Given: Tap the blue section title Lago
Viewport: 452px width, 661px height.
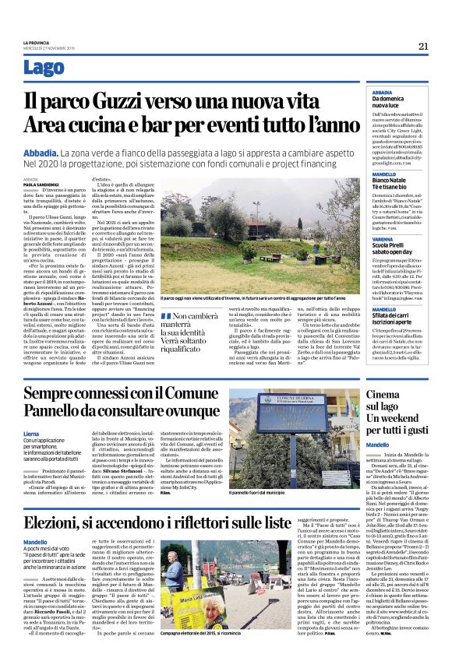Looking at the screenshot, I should [44, 68].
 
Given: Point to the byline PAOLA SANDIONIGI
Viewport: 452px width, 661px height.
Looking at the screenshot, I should [41, 185].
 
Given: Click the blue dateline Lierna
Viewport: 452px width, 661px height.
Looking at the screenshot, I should [32, 433].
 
